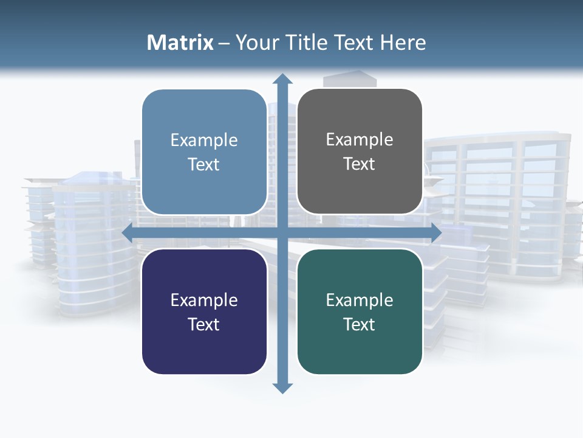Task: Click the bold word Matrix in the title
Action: [x=180, y=43]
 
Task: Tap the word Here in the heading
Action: [x=403, y=43]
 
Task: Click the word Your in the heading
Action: [x=255, y=43]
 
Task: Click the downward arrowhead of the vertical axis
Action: [x=282, y=388]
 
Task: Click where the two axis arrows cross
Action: [x=282, y=232]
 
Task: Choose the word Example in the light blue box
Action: [x=204, y=141]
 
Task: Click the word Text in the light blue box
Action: [x=204, y=165]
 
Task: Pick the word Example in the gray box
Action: [x=360, y=140]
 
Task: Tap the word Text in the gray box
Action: [x=360, y=164]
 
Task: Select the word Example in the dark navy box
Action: [x=204, y=300]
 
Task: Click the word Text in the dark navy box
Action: [x=204, y=324]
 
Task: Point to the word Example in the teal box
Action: [x=360, y=300]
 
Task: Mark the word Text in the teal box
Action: [x=360, y=324]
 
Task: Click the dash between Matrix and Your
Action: [x=224, y=43]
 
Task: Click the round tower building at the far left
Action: [x=91, y=249]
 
